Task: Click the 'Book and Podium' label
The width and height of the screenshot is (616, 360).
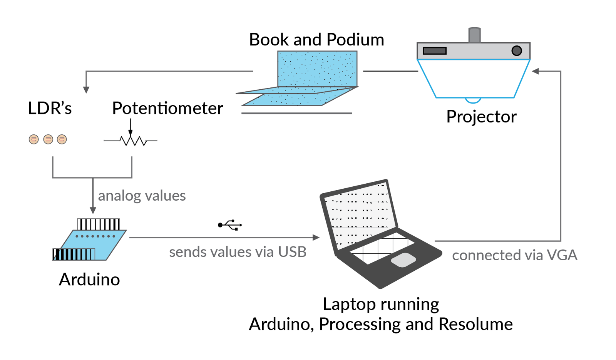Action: (316, 40)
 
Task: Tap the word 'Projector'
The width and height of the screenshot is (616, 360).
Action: (481, 117)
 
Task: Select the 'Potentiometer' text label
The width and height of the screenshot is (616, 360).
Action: (167, 108)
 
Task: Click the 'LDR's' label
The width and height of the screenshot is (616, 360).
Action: (50, 108)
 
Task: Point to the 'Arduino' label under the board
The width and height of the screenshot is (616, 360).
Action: (89, 280)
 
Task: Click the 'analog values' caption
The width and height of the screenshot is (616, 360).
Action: (142, 196)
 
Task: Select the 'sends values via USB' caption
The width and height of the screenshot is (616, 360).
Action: (238, 252)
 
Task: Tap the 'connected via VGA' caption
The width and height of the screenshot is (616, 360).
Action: (514, 255)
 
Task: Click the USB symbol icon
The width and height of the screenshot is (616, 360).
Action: (230, 225)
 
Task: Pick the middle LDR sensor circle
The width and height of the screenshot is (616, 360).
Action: (48, 139)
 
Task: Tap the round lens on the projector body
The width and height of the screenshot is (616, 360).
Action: (517, 50)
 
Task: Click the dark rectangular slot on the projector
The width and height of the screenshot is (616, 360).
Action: (435, 51)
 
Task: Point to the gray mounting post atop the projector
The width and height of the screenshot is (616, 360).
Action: (474, 35)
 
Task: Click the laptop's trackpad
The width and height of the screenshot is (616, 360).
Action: (403, 260)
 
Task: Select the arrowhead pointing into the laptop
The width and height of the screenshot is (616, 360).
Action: (316, 238)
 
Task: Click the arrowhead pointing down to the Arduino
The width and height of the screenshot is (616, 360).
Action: (93, 211)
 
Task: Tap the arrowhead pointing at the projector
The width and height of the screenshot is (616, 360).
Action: (535, 71)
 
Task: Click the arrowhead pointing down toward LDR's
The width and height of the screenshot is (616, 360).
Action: (86, 90)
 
